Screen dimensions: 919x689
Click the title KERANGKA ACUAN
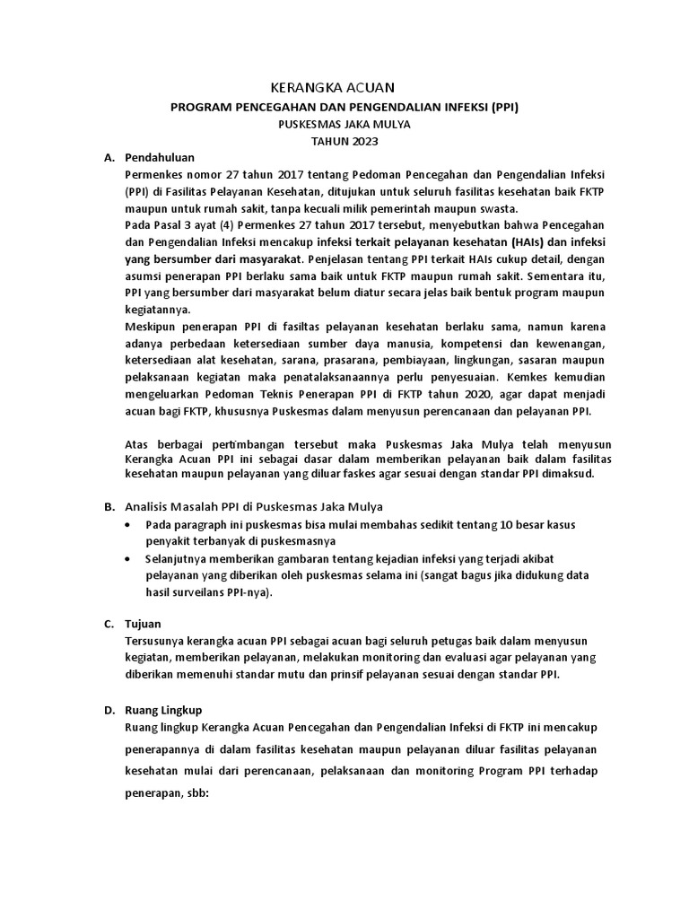332,87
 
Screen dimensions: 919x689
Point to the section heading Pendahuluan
160,157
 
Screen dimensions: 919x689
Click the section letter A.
108,157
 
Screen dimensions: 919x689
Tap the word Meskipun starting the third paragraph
153,328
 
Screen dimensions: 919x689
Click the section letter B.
108,507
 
